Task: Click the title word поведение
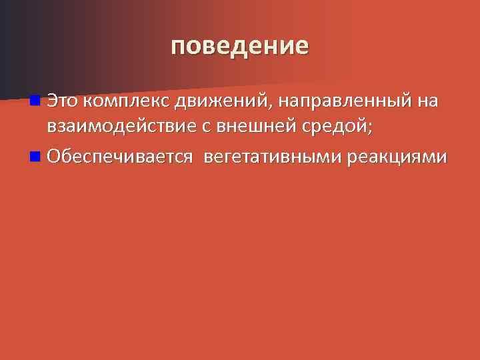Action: point(239,46)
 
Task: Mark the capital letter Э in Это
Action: point(51,102)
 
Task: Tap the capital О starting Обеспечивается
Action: point(53,157)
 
